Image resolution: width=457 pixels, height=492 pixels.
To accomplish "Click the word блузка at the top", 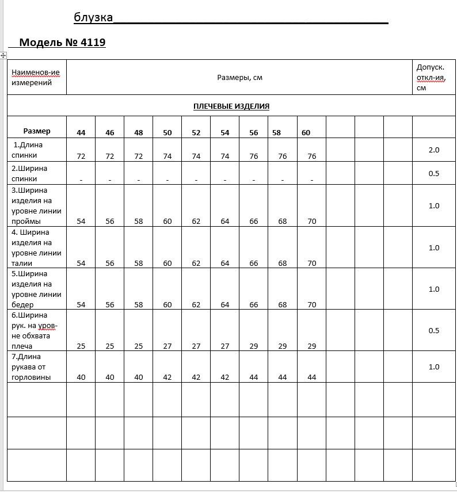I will [x=93, y=17].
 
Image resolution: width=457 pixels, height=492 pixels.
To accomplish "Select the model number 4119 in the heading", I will [x=94, y=42].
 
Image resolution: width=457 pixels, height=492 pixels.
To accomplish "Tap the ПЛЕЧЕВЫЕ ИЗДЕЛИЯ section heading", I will [x=231, y=106].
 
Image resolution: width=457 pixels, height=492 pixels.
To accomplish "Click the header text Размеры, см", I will [x=239, y=77].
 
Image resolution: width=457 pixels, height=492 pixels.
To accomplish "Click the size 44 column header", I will [x=81, y=132].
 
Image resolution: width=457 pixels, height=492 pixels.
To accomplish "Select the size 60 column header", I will [x=306, y=132].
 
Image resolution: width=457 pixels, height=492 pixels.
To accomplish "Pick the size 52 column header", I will [x=196, y=132].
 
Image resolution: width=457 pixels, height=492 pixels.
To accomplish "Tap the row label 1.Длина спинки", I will [x=28, y=150].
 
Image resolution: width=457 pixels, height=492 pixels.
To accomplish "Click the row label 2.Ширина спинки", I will [x=28, y=173].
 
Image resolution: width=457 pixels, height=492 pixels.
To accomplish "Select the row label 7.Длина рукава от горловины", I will [x=31, y=367].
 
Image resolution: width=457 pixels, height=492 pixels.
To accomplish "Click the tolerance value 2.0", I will [x=434, y=150].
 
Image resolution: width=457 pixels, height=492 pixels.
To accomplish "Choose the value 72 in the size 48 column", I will [x=139, y=156].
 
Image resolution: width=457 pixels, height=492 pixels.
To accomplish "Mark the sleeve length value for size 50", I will [x=167, y=377].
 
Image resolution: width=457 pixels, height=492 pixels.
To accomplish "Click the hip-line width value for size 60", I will [x=312, y=304].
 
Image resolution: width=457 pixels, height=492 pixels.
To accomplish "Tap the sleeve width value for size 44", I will [x=81, y=346].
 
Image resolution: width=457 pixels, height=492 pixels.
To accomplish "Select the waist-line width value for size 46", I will [x=110, y=263].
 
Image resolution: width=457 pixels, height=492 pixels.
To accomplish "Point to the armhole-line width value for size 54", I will [x=225, y=221].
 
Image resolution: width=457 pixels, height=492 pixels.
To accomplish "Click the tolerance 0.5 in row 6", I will [x=434, y=330].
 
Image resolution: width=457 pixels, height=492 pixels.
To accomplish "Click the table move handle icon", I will [x=3, y=55].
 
